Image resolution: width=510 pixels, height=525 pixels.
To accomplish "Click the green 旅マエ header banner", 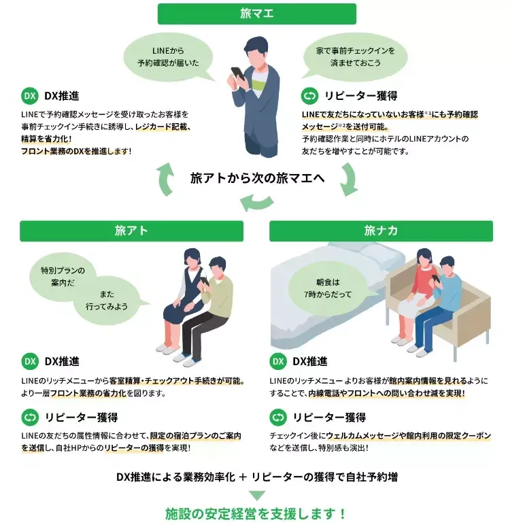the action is (x=257, y=14).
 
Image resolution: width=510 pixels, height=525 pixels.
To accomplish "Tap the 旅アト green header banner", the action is (x=132, y=231).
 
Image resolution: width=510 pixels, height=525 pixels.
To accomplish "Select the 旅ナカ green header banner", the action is (x=381, y=231).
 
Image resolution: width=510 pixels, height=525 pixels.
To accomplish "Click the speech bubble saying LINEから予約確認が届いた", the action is (x=169, y=57).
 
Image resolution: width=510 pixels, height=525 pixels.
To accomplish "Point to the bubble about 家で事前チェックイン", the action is (x=355, y=57).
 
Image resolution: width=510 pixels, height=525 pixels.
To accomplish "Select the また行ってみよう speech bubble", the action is (x=107, y=301).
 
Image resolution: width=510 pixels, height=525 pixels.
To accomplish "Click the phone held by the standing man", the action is (x=238, y=73).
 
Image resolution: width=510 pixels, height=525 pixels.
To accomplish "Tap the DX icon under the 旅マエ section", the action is (x=30, y=96).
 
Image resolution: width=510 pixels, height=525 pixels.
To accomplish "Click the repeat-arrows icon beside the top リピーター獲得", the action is (x=310, y=96).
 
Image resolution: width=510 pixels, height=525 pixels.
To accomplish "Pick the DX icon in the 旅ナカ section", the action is (x=278, y=361).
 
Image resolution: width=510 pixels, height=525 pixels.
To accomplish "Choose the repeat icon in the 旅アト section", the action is (x=30, y=417).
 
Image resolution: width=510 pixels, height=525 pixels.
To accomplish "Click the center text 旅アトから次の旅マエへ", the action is (x=258, y=178).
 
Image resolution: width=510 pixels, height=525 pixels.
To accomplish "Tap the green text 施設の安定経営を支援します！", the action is (x=256, y=513).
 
